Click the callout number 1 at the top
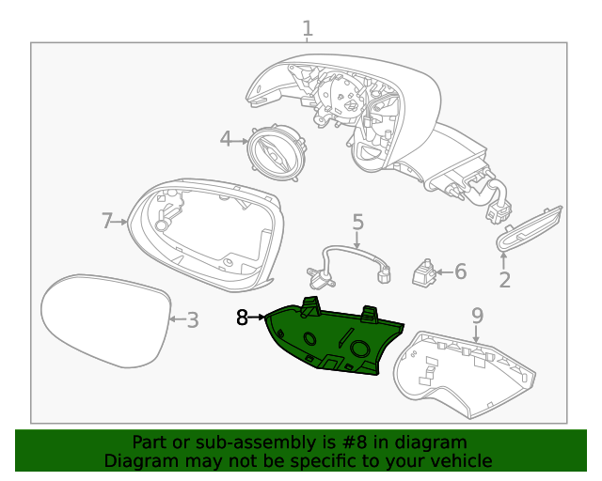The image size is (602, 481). pos(307,29)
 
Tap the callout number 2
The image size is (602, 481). pos(504,279)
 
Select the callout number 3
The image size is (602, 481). pos(192,320)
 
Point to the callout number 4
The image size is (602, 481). pos(226,140)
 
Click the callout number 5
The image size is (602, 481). pos(357,222)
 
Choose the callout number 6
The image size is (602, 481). pos(460,272)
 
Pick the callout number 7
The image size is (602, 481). pos(107,221)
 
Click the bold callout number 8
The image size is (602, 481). pos(243,318)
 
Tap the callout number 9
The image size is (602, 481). pos(477,315)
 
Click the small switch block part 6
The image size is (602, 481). pos(425,272)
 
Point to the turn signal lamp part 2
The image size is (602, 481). pos(529,229)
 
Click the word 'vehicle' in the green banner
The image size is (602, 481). pos(460,460)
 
